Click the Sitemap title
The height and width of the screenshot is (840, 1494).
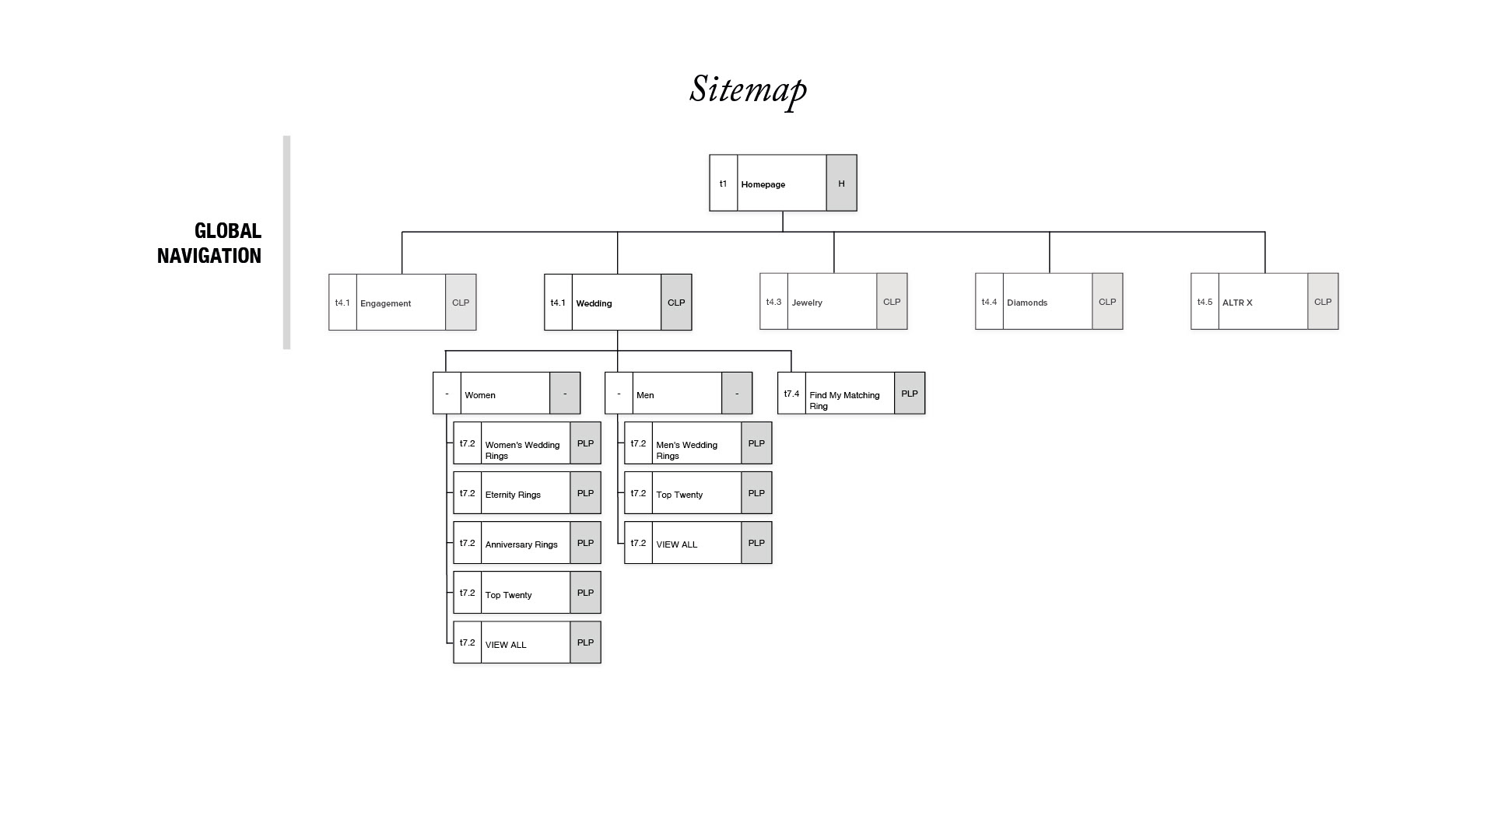coord(748,89)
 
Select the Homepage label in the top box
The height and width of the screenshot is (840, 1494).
coord(763,184)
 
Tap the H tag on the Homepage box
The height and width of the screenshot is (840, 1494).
coord(841,184)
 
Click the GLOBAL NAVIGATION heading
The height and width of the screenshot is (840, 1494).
coord(209,243)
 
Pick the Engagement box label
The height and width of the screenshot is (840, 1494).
coord(385,303)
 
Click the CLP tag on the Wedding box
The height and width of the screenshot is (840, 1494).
coord(676,303)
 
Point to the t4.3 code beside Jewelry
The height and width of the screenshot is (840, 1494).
coord(773,302)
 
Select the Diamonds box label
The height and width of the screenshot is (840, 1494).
coord(1026,303)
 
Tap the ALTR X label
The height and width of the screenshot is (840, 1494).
coord(1237,303)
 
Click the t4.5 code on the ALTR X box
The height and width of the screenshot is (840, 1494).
coord(1205,302)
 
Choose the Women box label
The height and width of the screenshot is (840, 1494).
coord(480,395)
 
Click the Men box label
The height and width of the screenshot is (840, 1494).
coord(645,395)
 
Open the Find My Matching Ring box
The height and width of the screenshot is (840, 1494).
coord(844,400)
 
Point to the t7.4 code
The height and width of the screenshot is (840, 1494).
coord(791,394)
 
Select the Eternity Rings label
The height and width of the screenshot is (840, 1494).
coord(513,495)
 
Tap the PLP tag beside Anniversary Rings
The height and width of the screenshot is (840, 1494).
coord(585,543)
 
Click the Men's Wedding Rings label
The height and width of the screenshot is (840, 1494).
coord(686,450)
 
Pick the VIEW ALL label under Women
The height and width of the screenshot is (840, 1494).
coord(506,645)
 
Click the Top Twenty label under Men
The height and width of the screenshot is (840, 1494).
coord(679,495)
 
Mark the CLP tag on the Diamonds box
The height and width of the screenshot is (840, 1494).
coord(1106,302)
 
